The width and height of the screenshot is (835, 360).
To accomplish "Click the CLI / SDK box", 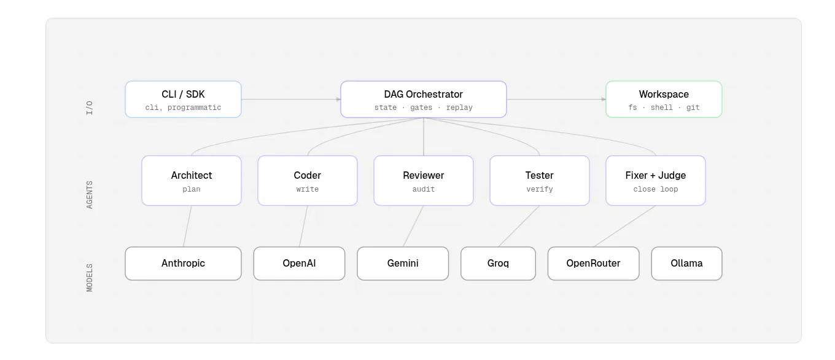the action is pos(183,100).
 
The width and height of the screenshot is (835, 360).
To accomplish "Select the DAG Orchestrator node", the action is pos(424,100).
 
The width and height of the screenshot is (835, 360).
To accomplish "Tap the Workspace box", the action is pos(664,100).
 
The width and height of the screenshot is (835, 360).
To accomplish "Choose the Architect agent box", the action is pos(191,181).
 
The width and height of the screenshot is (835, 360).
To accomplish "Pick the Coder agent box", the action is pos(308,181).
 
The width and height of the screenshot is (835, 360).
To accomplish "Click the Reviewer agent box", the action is pos(424,181).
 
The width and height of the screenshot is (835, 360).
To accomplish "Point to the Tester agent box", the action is pos(540,181).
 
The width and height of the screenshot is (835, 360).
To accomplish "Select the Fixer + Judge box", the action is pos(656,181).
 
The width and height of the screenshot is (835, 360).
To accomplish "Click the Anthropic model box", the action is pos(183,264).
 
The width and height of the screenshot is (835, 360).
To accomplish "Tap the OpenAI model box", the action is pos(300,264).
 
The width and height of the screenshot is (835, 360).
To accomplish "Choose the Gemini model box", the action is pos(403,264).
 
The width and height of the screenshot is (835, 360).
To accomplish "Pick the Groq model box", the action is pos(498,264).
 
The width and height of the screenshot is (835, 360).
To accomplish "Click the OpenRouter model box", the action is pos(594,264).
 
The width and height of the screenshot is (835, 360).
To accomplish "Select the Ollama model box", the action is pos(686,264).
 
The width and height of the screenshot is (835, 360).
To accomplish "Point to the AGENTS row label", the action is pos(90,195).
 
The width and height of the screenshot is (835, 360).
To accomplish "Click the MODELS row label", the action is pos(90,278).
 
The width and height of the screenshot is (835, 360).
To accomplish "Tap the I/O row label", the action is pos(90,108).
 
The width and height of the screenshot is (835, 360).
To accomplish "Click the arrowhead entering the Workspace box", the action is pos(604,100).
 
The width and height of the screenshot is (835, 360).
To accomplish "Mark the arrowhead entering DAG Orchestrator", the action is pos(338,100).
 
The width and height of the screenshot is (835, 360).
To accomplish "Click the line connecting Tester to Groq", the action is pos(519,226).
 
